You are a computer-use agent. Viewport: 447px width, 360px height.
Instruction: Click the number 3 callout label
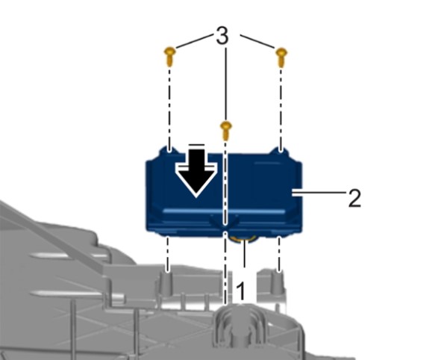coord(222,36)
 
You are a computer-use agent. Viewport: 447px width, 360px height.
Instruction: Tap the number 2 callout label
coord(354,198)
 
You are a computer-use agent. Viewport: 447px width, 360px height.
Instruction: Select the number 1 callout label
coord(241,291)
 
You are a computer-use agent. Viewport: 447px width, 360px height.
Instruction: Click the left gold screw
coord(170,57)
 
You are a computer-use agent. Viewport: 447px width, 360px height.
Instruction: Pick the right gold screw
coord(281,57)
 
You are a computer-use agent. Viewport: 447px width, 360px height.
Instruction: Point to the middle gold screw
coord(226,130)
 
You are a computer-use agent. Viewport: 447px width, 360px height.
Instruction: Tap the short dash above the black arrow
coord(197,145)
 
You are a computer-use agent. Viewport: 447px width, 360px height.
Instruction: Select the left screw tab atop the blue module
coord(169,150)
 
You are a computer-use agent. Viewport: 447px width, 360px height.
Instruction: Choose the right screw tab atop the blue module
coord(280,151)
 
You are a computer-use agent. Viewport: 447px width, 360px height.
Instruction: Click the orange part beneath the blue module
coord(244,238)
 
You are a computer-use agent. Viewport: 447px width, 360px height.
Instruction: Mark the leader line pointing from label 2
coord(319,193)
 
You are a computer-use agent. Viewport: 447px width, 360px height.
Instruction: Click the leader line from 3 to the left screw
coord(195,40)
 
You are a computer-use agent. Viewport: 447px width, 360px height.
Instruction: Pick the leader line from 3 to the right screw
coord(257,41)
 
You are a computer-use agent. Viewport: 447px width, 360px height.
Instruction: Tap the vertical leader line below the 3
coord(226,84)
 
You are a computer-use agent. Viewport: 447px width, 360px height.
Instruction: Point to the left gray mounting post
coord(167,283)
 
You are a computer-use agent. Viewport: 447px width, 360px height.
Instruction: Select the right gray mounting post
coord(278,283)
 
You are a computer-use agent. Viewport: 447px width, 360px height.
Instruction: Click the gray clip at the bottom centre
coord(240,325)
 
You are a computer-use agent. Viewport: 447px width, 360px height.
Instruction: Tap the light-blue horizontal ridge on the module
coord(225,211)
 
